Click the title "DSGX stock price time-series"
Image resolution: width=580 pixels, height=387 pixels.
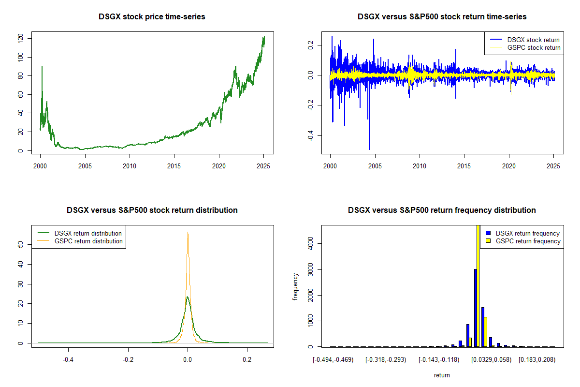coord(152,17)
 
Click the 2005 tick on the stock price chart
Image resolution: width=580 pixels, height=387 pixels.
coord(85,166)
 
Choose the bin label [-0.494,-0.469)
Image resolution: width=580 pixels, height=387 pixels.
coord(333,360)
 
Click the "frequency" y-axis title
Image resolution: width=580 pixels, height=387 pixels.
coord(295,287)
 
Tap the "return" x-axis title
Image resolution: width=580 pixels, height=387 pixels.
coord(442,375)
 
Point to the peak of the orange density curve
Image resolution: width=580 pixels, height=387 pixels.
coord(188,233)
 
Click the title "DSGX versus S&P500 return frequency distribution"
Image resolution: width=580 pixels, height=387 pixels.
coord(442,210)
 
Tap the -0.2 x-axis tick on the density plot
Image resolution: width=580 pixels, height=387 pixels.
coord(128,359)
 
